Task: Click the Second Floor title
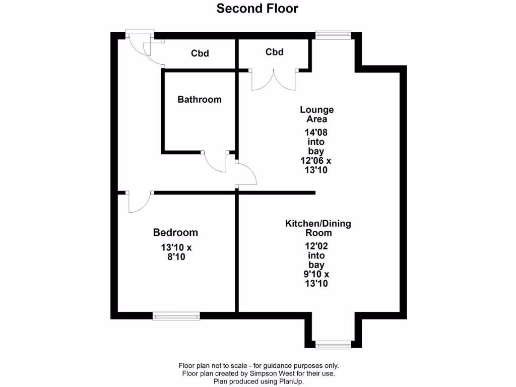point(257,9)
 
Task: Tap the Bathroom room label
point(200,99)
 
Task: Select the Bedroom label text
point(175,232)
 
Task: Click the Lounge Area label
point(317,114)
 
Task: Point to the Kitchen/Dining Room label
point(318,228)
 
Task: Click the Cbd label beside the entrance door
point(200,53)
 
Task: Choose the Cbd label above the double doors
point(274,52)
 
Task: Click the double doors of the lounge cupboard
point(274,81)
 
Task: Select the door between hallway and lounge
point(246,175)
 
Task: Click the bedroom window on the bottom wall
point(176,316)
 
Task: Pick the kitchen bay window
point(333,345)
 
